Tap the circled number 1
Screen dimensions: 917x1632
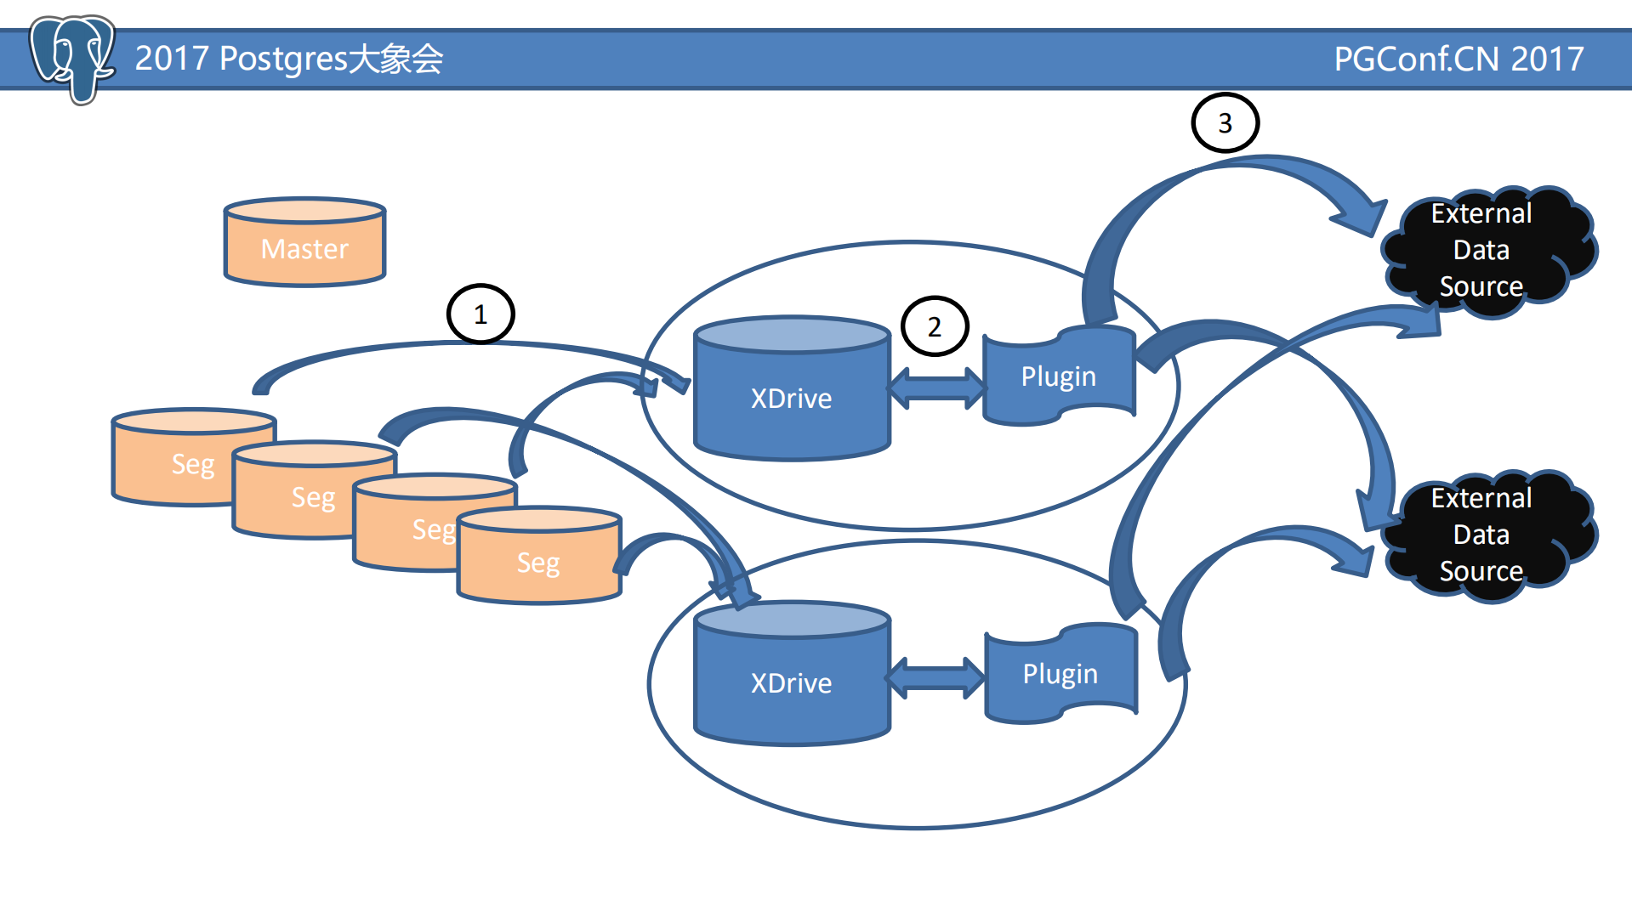(x=481, y=314)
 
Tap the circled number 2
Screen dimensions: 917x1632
(x=934, y=326)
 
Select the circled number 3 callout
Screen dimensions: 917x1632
(x=1225, y=123)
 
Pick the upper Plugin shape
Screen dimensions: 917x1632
(x=1059, y=376)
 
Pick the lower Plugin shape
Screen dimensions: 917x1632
(x=1061, y=673)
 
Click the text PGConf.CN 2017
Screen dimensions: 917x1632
(x=1458, y=59)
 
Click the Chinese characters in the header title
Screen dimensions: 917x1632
(x=396, y=59)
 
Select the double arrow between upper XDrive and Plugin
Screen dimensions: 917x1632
(x=936, y=388)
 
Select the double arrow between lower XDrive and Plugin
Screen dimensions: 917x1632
(x=935, y=678)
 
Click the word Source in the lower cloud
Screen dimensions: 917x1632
(x=1481, y=571)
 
